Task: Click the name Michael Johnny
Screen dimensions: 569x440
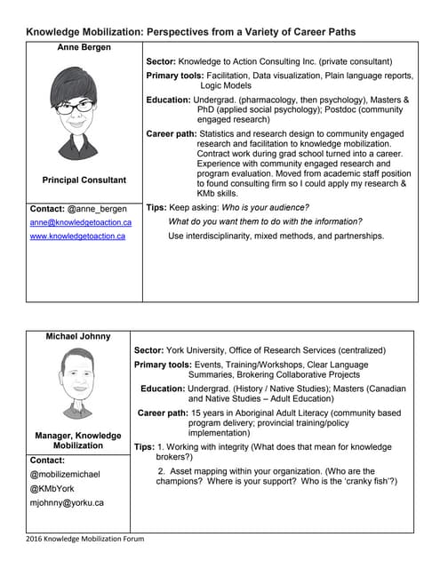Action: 78,336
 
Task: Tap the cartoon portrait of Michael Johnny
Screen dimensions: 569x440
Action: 78,382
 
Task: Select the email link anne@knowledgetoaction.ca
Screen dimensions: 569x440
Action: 81,222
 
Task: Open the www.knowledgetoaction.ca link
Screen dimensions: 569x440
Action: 77,236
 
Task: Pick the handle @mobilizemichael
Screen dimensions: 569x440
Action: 67,475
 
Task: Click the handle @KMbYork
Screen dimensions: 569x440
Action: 54,488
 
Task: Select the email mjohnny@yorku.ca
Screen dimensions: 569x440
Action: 67,502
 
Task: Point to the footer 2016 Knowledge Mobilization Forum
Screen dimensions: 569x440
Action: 84,539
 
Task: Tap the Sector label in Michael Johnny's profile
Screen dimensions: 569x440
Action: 152,350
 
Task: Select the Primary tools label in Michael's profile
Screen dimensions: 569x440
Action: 163,365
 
